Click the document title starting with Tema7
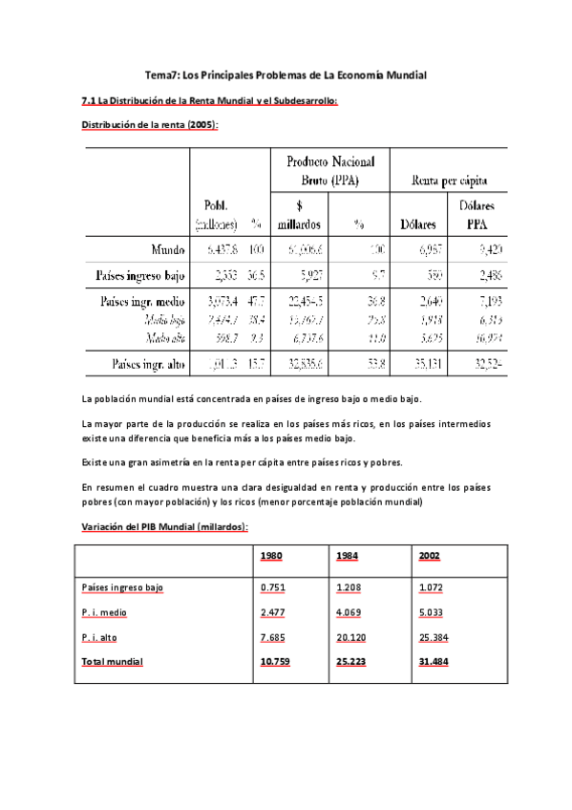(286, 75)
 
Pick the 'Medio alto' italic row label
(165, 337)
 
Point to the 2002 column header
(430, 555)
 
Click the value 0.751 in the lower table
(274, 589)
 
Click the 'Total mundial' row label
(112, 661)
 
